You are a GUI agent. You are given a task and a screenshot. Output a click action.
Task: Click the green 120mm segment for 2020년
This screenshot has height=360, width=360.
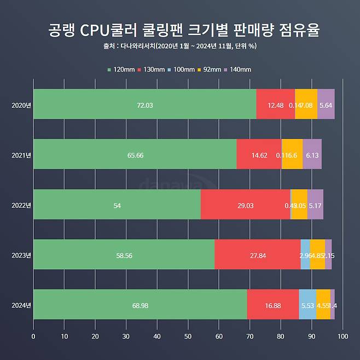tap(144, 104)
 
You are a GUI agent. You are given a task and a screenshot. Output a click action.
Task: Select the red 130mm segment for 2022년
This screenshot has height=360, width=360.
tap(245, 205)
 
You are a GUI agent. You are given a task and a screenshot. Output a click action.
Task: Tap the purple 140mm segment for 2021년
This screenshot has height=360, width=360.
tap(312, 154)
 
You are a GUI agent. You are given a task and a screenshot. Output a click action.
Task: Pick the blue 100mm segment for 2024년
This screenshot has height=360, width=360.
tap(307, 305)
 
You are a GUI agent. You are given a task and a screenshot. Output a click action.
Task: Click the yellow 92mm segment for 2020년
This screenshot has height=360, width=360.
tap(306, 104)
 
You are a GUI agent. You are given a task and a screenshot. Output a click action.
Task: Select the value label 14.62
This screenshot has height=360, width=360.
tap(259, 155)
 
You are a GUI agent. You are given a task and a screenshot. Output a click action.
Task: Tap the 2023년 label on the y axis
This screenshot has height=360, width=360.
tap(21, 255)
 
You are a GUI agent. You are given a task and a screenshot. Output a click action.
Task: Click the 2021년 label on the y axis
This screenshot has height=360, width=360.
tap(21, 155)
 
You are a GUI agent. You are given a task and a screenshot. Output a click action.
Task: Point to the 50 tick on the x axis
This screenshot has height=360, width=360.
tap(188, 336)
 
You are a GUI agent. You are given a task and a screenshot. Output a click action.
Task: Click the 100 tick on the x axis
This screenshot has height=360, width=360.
tap(342, 336)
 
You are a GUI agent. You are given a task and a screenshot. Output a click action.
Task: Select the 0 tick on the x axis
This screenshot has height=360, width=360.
tap(34, 336)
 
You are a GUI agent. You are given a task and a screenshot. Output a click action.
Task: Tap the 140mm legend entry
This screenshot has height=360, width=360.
tap(237, 69)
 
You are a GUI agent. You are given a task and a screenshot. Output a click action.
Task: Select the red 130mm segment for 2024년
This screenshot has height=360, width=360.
tap(272, 305)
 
